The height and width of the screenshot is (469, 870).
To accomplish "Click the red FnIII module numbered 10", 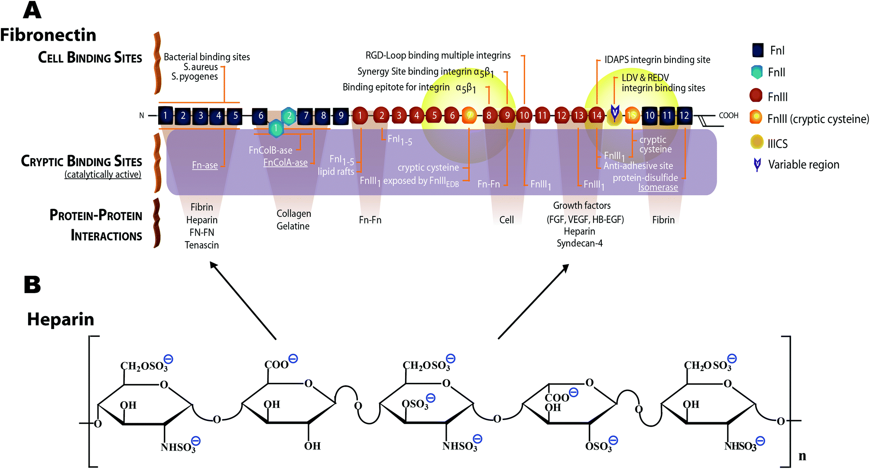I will pos(524,116).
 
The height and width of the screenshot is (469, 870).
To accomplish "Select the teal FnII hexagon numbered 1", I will pos(276,128).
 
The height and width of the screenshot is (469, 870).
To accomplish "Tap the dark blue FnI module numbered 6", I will pos(260,116).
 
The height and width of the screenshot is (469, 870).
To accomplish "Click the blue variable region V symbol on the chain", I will pos(614,113).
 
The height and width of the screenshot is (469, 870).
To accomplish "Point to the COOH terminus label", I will pos(728,116).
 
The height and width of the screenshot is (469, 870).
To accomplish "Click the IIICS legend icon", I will pos(757,142).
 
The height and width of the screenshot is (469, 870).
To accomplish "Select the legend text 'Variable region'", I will pos(803,165).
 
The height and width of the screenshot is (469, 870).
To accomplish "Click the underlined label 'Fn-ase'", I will pos(205,165).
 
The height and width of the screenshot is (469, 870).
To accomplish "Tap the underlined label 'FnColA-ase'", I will pos(285,163).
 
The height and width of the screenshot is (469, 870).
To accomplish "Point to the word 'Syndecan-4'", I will pos(579,243).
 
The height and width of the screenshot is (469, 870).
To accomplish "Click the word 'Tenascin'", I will pos(201,245).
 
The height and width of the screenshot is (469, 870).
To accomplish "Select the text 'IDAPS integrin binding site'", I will pos(657,60).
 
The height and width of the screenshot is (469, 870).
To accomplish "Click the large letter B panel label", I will pos(32,285).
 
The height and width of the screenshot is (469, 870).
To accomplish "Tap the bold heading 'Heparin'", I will pos(61,319).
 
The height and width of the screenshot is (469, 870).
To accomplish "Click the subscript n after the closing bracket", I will pos(802,456).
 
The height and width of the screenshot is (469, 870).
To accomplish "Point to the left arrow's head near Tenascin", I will pos(212,264).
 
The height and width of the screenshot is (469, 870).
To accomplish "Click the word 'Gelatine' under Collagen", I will pos(293,226).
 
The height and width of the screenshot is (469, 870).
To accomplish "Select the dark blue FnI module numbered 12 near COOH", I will pos(684,116).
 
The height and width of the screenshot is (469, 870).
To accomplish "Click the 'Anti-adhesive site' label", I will pos(638,166).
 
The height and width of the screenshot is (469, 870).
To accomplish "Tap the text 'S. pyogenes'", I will pos(195,77).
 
